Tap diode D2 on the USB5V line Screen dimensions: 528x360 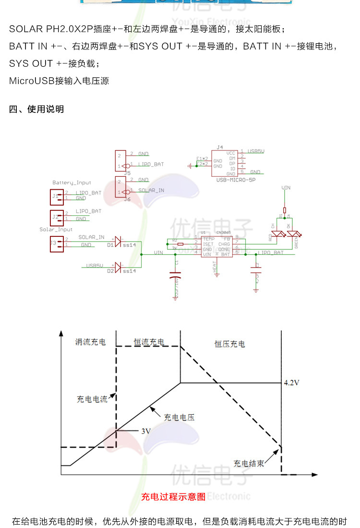pyautogui.click(x=118, y=268)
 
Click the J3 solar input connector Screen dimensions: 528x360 pyautogui.click(x=56, y=243)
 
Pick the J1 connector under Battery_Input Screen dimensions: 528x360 pyautogui.click(x=56, y=196)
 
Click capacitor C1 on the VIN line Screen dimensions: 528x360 pyautogui.click(x=174, y=276)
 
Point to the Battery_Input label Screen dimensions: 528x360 pyautogui.click(x=72, y=183)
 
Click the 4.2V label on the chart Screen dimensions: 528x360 pyautogui.click(x=292, y=383)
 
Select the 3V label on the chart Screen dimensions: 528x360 pyautogui.click(x=146, y=431)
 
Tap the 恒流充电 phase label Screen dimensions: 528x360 pyautogui.click(x=149, y=342)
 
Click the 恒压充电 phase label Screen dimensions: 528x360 pyautogui.click(x=229, y=344)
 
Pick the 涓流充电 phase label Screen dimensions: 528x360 pyautogui.click(x=90, y=342)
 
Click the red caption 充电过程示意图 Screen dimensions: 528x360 pyautogui.click(x=173, y=497)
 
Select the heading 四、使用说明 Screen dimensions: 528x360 pyautogui.click(x=36, y=110)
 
